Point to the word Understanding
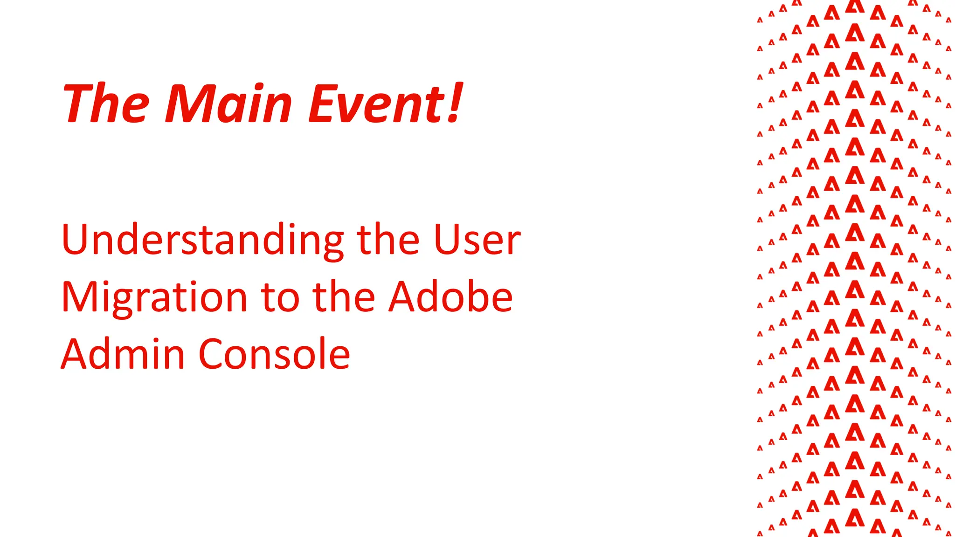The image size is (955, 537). click(202, 241)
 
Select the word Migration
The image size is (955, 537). click(154, 298)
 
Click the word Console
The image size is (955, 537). click(274, 354)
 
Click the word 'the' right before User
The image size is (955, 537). click(388, 240)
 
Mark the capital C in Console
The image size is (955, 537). click(212, 354)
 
